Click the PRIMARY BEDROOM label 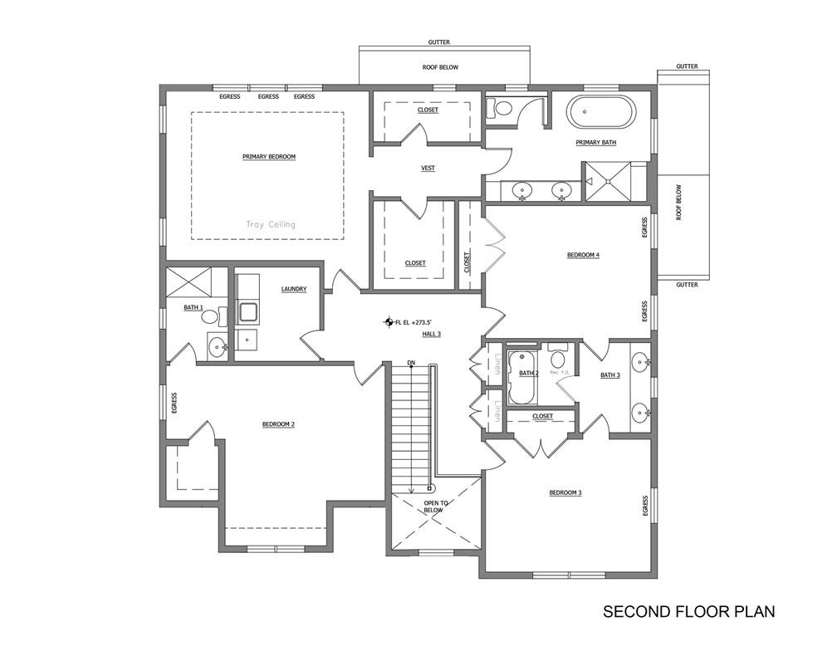click(268, 156)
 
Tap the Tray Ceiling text click(270, 224)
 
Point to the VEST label click(428, 169)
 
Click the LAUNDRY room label click(293, 289)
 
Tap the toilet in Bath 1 click(210, 316)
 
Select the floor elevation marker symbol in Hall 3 click(388, 321)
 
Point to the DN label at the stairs click(411, 363)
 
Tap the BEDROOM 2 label click(278, 424)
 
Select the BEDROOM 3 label click(565, 493)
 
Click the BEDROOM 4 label click(583, 255)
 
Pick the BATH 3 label click(609, 375)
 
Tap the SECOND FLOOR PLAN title click(688, 612)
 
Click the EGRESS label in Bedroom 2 click(174, 403)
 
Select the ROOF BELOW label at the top click(439, 67)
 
